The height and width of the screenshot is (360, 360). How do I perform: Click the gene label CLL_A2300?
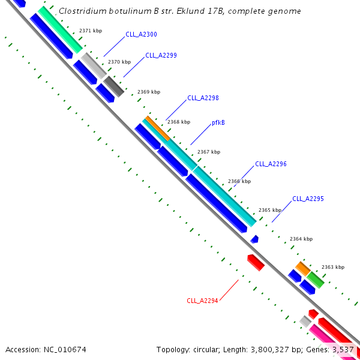(x=141, y=35)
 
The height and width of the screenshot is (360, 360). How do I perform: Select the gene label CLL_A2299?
(x=161, y=55)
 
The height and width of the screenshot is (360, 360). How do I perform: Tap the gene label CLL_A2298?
(x=203, y=98)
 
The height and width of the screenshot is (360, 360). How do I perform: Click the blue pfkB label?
(x=218, y=123)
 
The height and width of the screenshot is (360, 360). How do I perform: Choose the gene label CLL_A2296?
(x=271, y=164)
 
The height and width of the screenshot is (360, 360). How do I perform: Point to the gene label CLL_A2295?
(x=308, y=199)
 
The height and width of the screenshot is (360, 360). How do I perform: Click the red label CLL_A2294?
(x=202, y=301)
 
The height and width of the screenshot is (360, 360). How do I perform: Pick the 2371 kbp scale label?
(x=90, y=31)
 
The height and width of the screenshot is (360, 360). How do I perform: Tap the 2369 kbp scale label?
(x=149, y=92)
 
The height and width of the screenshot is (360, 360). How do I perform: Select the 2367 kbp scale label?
(x=209, y=152)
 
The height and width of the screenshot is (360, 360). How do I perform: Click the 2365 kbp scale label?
(x=269, y=210)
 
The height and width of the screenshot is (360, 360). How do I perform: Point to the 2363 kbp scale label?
(x=332, y=267)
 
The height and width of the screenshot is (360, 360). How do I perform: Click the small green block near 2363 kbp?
(x=316, y=280)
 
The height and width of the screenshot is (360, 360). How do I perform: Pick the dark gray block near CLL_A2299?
(x=114, y=86)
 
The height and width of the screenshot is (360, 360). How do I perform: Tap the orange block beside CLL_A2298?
(x=157, y=128)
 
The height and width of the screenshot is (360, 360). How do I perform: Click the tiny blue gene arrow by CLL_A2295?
(x=254, y=239)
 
